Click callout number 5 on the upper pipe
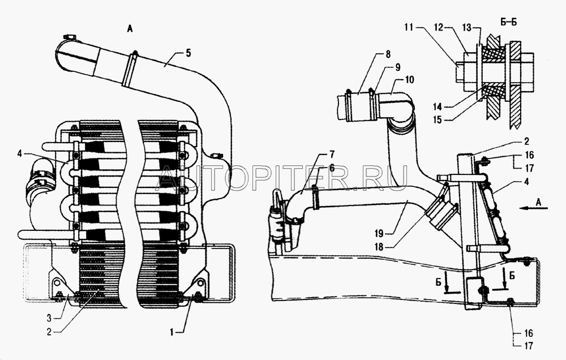(188, 53)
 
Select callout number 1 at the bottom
(172, 332)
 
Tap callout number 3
(49, 318)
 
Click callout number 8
(388, 54)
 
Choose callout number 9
(397, 67)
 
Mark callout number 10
(409, 79)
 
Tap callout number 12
(438, 27)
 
